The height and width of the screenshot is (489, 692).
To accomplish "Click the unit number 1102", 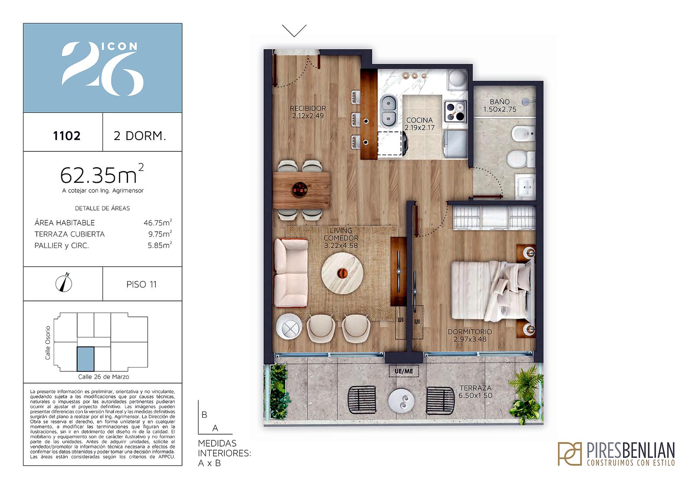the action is click(x=67, y=136).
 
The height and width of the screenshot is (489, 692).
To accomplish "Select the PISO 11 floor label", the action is click(x=141, y=284).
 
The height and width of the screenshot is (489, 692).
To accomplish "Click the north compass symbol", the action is click(x=64, y=283).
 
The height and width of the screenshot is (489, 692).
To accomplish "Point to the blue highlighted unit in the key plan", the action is click(x=86, y=359).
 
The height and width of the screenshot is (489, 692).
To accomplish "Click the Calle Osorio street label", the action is click(x=48, y=343).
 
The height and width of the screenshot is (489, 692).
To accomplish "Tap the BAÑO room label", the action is click(x=500, y=102).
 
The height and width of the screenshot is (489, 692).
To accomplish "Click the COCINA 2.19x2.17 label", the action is click(x=420, y=124).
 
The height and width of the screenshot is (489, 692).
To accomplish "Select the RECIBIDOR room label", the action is click(x=308, y=109).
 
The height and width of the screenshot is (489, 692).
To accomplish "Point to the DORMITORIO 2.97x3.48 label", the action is click(x=470, y=335).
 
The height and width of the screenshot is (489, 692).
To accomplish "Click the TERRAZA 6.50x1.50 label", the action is click(x=475, y=392).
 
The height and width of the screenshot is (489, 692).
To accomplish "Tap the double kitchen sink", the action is click(x=388, y=111).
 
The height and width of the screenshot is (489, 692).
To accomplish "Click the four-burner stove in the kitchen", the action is click(x=455, y=112).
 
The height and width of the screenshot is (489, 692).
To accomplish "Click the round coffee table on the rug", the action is click(x=342, y=273).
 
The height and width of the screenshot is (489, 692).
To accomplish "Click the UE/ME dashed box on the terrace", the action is click(x=404, y=371).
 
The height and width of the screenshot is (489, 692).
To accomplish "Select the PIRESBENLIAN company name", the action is click(x=631, y=451).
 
